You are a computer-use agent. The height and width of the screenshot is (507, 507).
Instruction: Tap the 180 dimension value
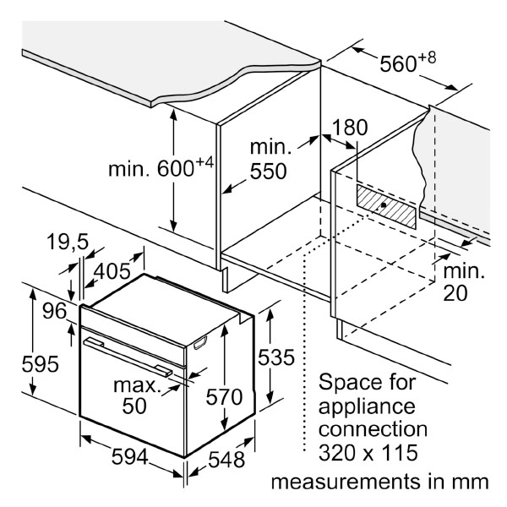pos(350,128)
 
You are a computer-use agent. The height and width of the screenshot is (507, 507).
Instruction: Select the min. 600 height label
pos(161,166)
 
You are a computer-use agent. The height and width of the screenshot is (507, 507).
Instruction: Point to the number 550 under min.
pos(269,172)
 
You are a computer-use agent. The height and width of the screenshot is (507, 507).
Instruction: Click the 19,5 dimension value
pos(68,242)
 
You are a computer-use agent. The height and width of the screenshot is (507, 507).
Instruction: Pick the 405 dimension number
pos(112,271)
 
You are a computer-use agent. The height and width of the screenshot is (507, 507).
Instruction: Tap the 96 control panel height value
pos(55,311)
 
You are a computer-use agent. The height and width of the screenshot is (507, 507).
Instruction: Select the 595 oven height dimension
pos(40,364)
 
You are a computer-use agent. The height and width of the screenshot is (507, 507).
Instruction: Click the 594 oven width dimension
pos(129,457)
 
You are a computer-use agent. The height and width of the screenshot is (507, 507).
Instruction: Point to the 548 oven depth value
pos(226,460)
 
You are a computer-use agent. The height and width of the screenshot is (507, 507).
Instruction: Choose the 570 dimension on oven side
pos(224,397)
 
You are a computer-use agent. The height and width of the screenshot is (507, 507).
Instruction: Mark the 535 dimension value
pos(276,357)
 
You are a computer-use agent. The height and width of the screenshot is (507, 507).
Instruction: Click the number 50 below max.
pos(134,406)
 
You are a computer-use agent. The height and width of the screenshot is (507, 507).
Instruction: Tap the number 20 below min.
pos(455,293)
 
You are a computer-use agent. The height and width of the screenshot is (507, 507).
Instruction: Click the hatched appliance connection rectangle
pos(386,206)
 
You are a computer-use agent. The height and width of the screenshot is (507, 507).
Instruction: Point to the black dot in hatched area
pos(384,205)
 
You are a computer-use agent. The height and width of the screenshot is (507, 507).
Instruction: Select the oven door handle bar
pos(128,357)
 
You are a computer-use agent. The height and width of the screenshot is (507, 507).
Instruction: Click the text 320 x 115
pos(368,452)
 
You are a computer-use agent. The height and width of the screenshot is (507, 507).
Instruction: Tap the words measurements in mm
pos(379,482)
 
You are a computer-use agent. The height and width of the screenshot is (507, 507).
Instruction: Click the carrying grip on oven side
pos(200,342)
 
